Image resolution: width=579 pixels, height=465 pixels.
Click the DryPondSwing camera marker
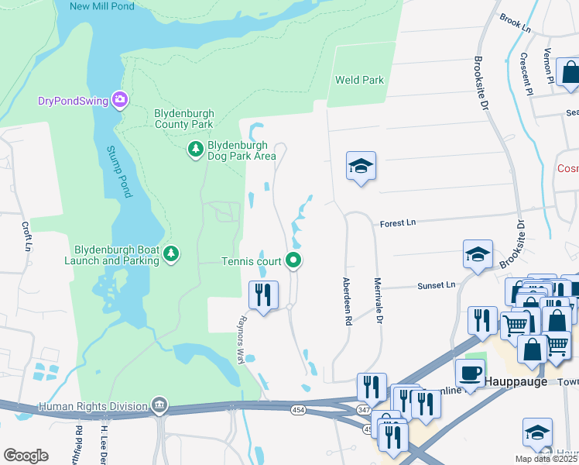point(119,99)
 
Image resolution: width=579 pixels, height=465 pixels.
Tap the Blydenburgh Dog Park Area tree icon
point(197,148)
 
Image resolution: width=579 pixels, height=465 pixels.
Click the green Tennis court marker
point(293,260)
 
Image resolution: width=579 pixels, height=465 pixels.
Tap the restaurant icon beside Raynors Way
point(263,294)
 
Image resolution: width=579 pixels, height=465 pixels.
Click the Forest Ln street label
point(398,223)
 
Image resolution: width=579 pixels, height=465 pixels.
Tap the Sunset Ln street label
point(437,285)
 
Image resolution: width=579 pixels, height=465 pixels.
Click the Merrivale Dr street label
point(379,301)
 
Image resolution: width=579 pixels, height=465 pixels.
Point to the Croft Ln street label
point(27,237)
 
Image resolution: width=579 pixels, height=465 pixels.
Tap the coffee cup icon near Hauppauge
point(470,372)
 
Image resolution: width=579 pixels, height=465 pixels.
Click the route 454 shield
point(299,408)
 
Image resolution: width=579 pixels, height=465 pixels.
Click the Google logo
point(26,456)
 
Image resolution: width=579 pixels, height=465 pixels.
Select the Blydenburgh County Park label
point(183,119)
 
